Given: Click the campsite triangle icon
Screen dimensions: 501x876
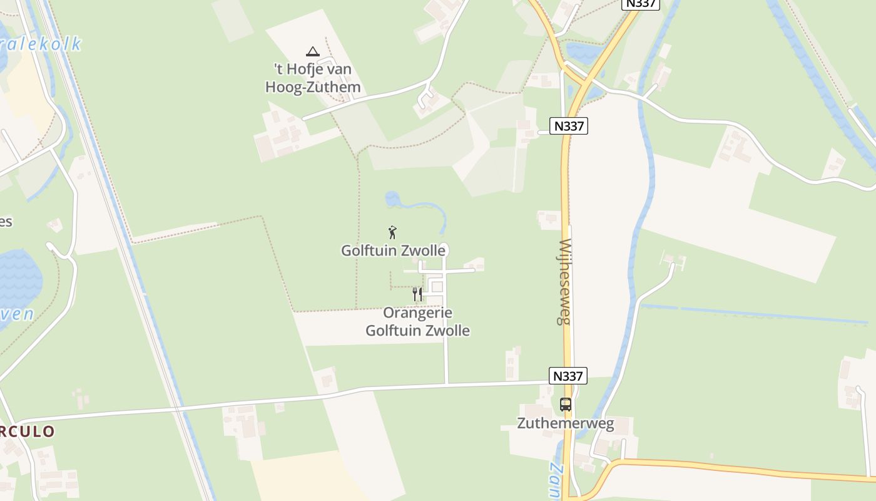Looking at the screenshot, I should tap(313, 51).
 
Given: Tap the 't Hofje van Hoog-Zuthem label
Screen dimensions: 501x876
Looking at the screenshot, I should tap(313, 78).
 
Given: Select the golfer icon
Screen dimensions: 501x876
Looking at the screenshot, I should tap(392, 232).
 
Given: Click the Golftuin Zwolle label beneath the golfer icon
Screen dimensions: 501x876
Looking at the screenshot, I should tap(393, 250).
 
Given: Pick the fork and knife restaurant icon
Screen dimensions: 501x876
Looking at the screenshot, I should tap(417, 294).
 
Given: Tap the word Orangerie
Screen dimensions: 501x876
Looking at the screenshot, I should tap(417, 312).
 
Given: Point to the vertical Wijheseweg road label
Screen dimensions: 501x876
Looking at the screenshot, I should tap(565, 281).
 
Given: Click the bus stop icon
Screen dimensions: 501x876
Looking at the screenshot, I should tap(566, 405).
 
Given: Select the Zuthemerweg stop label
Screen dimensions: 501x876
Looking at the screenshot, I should tap(566, 423).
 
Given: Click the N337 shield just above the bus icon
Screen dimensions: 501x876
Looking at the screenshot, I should tap(568, 376).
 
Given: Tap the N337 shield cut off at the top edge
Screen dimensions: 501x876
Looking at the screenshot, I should tap(641, 4).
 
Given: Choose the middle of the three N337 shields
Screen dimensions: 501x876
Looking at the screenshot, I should tap(569, 126).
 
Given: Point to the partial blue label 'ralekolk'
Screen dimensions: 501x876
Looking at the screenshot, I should tap(41, 44).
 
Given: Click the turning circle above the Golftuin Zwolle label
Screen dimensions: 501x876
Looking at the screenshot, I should tap(444, 247).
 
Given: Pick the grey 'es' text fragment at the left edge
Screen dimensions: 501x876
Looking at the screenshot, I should tap(6, 222).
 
